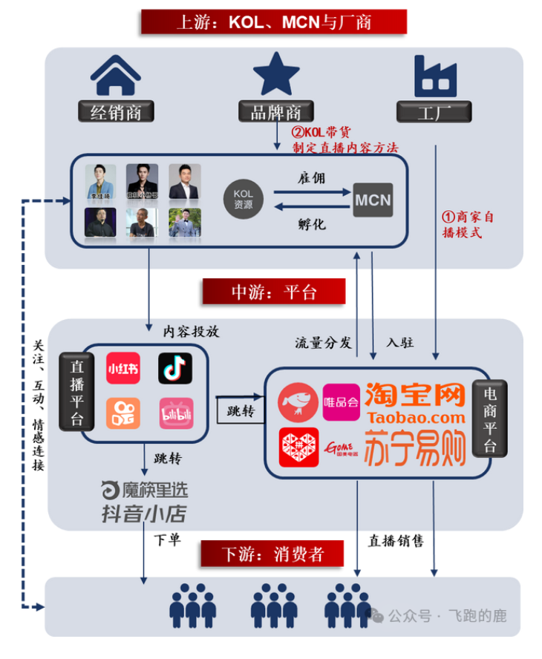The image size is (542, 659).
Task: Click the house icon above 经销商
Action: click(x=115, y=76)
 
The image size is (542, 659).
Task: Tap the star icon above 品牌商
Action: click(x=275, y=74)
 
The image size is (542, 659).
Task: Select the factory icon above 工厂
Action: click(x=435, y=76)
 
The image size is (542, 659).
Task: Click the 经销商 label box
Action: click(x=116, y=112)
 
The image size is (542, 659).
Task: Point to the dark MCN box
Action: click(x=373, y=200)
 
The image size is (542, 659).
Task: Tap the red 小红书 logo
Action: click(x=123, y=368)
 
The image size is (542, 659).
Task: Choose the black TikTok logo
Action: click(x=175, y=368)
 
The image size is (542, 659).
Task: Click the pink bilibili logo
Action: click(x=175, y=413)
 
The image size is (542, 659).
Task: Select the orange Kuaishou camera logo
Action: click(x=123, y=413)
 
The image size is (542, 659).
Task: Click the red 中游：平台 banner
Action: click(x=273, y=292)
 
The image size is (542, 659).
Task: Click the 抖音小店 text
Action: click(x=144, y=514)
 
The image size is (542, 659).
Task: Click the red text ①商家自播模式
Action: click(x=468, y=224)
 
